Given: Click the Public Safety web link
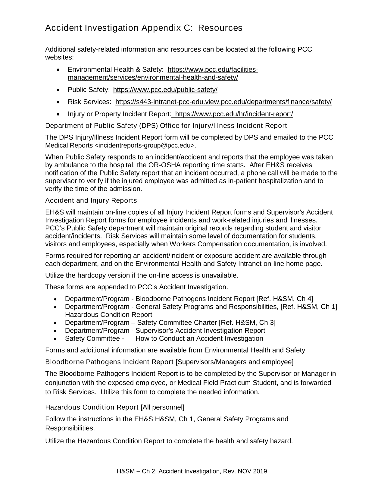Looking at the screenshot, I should (x=165, y=90).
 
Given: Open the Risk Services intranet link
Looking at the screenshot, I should (x=223, y=102).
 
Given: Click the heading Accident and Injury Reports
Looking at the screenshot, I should (x=91, y=200).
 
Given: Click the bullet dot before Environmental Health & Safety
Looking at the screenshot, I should (x=58, y=70).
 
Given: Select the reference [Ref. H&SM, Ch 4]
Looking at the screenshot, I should (x=285, y=299).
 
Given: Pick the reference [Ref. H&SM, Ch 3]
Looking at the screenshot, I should (x=247, y=323).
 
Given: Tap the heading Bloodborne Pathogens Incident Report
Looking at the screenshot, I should (x=109, y=362).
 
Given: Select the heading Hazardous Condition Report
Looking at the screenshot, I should (x=92, y=407).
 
